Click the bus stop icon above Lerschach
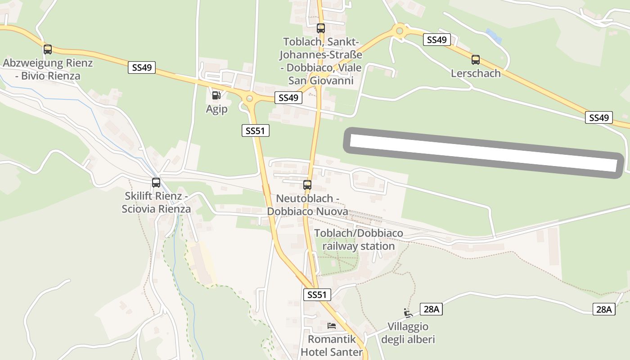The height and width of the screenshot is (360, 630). (476, 59)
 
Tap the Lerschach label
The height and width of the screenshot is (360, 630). (476, 73)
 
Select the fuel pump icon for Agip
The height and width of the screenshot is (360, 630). (216, 95)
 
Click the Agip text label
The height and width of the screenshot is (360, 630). (216, 109)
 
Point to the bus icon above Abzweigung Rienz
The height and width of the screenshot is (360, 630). (48, 49)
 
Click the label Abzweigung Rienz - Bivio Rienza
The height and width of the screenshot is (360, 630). (48, 69)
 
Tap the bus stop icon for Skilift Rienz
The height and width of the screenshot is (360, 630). (156, 183)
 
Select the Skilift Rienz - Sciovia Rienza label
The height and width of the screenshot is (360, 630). (156, 202)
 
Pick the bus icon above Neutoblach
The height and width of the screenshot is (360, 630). (307, 184)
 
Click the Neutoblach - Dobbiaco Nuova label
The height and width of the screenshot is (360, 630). (307, 205)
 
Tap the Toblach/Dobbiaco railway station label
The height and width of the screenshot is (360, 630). (359, 239)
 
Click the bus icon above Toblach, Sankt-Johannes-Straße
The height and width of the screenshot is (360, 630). (320, 28)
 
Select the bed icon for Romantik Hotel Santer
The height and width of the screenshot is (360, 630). (332, 325)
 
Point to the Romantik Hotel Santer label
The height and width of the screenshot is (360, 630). (332, 346)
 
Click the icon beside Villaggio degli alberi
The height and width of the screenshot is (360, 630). (408, 313)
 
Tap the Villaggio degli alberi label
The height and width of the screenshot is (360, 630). (408, 333)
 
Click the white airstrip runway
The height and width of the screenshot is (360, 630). (483, 153)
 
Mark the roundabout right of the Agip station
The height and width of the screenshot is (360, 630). (249, 99)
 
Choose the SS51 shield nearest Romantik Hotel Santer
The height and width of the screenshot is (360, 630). (317, 295)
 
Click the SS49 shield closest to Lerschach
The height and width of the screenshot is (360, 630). (436, 40)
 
